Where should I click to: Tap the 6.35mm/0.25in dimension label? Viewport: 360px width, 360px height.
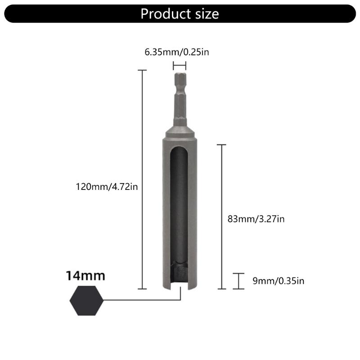pos(177,52)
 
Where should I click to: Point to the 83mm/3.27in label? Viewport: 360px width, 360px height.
pos(256,219)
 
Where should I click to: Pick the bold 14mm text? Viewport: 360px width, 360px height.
pos(85,275)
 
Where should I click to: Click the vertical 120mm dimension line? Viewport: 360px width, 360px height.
pos(142,180)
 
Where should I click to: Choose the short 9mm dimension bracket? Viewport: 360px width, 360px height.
pos(238,281)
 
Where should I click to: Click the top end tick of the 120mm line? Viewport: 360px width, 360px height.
pos(142,70)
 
